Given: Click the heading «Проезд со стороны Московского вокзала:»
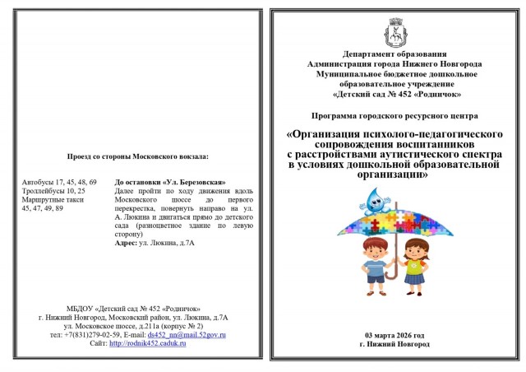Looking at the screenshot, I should (x=138, y=155).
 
